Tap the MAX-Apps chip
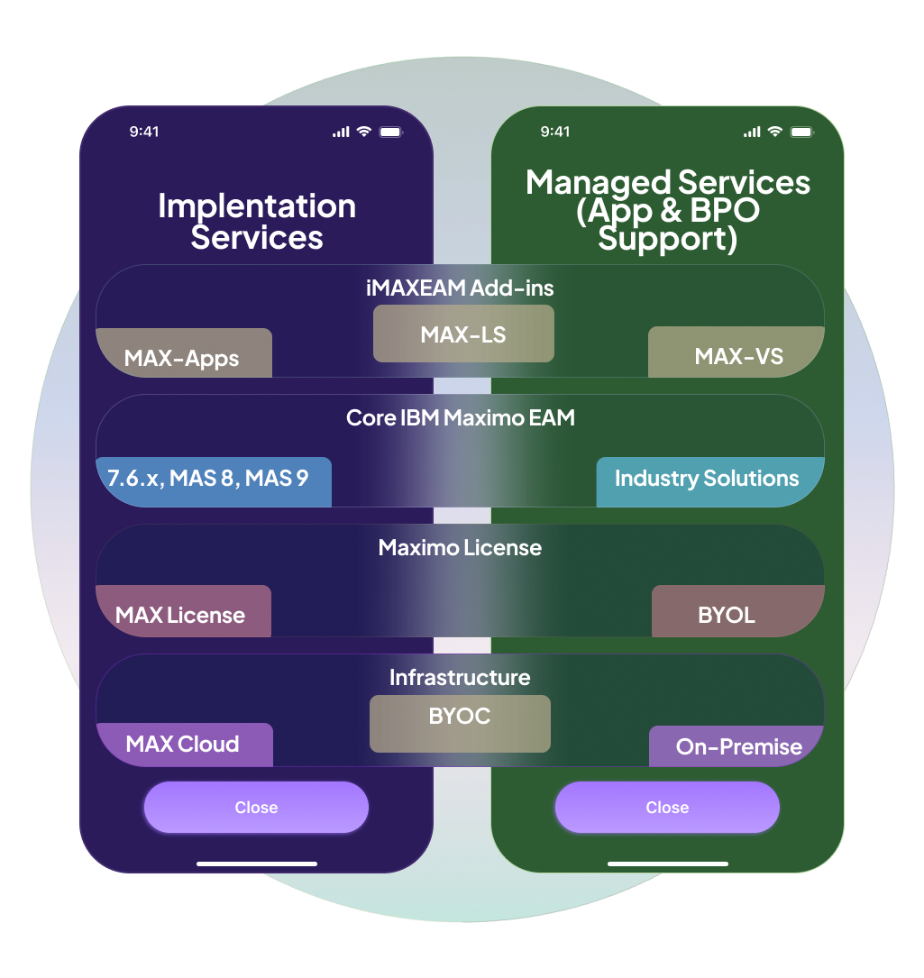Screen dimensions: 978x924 (184, 353)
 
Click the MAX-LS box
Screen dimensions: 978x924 (463, 334)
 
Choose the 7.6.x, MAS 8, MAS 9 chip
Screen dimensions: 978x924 (213, 481)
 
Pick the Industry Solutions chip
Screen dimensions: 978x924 (709, 481)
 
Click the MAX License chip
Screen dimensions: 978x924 (183, 612)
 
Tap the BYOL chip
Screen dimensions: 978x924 (736, 612)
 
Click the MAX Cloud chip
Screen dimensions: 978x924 (184, 745)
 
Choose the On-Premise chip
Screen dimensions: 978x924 (736, 746)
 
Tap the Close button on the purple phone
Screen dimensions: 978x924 (256, 808)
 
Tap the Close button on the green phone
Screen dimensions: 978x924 (667, 808)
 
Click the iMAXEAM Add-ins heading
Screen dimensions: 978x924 (460, 288)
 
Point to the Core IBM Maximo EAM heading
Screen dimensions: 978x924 (460, 418)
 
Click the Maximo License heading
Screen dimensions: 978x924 (460, 548)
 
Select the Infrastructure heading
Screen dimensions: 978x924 (460, 678)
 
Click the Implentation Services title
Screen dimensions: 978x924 (257, 222)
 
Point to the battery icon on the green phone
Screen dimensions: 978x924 (801, 132)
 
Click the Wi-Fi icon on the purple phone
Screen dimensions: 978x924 (363, 132)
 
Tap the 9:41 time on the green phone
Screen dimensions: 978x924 (555, 132)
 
